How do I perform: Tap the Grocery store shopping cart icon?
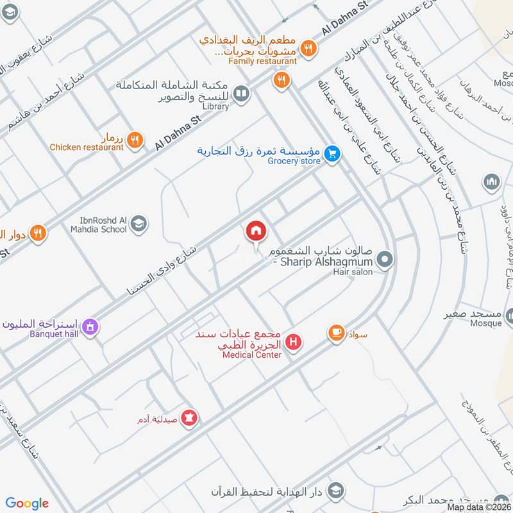coord(332,153)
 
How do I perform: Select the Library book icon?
coord(241,94)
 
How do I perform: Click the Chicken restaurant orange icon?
coord(135,140)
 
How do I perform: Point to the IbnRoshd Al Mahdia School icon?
coord(139,224)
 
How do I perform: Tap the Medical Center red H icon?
coord(294,342)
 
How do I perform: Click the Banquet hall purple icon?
coord(91,326)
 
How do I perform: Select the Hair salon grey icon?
coord(385,260)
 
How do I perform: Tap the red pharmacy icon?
coord(189,418)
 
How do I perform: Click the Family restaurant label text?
coord(262,62)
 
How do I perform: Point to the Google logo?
coord(28,503)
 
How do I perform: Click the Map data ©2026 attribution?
coord(479,507)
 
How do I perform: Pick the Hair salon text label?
coord(353,273)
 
